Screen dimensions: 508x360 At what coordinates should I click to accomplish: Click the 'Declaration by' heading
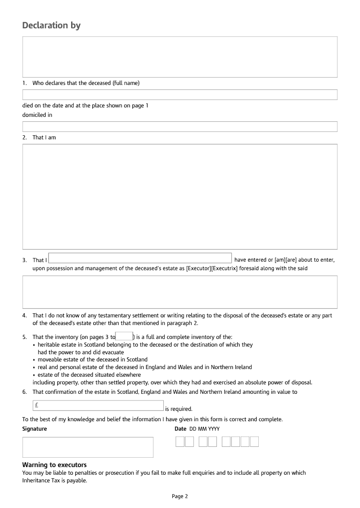[x=51, y=25]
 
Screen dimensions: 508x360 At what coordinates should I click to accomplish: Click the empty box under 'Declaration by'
[x=180, y=57]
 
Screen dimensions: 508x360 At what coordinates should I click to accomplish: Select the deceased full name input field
[x=180, y=94]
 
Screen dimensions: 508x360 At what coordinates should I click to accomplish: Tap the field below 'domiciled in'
[x=180, y=126]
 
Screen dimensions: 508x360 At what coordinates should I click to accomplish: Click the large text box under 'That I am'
[x=180, y=196]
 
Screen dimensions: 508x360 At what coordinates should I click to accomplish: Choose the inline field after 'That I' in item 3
[x=140, y=258]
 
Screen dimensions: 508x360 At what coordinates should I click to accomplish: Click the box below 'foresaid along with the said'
[x=180, y=292]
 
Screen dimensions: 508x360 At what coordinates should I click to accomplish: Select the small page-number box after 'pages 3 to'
[x=124, y=336]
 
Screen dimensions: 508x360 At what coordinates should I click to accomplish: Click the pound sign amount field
[x=98, y=405]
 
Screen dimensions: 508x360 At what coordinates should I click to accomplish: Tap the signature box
[x=88, y=447]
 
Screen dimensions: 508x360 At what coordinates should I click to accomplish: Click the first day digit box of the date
[x=180, y=442]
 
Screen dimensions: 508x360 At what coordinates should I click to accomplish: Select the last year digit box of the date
[x=254, y=442]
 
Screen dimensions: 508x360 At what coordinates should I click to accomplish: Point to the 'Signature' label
[x=35, y=429]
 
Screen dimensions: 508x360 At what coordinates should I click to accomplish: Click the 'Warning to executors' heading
[x=54, y=465]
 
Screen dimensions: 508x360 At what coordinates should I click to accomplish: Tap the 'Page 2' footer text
[x=180, y=496]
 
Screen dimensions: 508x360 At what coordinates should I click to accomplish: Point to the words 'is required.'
[x=179, y=409]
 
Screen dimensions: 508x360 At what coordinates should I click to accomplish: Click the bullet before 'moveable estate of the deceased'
[x=34, y=360]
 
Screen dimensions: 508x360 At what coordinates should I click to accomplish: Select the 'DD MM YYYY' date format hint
[x=204, y=429]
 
